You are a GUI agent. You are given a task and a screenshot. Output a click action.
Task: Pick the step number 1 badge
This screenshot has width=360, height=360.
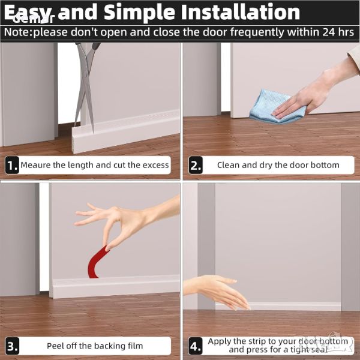(12, 165)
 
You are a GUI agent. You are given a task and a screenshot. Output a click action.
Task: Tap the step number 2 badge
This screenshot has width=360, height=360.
(196, 165)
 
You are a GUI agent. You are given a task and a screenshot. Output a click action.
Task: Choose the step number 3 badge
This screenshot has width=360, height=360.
(12, 346)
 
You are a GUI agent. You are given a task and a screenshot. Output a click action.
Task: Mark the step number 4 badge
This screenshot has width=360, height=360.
(196, 346)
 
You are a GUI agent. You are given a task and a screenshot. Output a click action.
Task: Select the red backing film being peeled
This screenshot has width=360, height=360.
(97, 262)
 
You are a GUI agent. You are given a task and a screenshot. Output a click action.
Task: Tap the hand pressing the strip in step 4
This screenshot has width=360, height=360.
(218, 290)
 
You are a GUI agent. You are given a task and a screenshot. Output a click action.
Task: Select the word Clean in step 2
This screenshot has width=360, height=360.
(229, 165)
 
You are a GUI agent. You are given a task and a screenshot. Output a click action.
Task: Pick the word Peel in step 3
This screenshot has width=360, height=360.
(55, 346)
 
